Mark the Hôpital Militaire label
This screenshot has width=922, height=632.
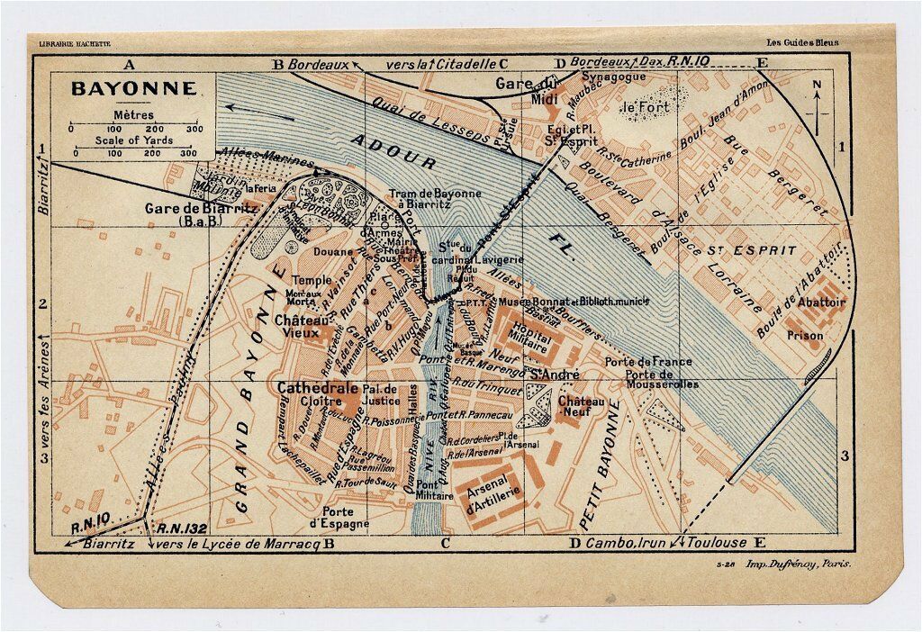(x=529, y=329)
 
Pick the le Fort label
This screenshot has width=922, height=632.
(x=641, y=110)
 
